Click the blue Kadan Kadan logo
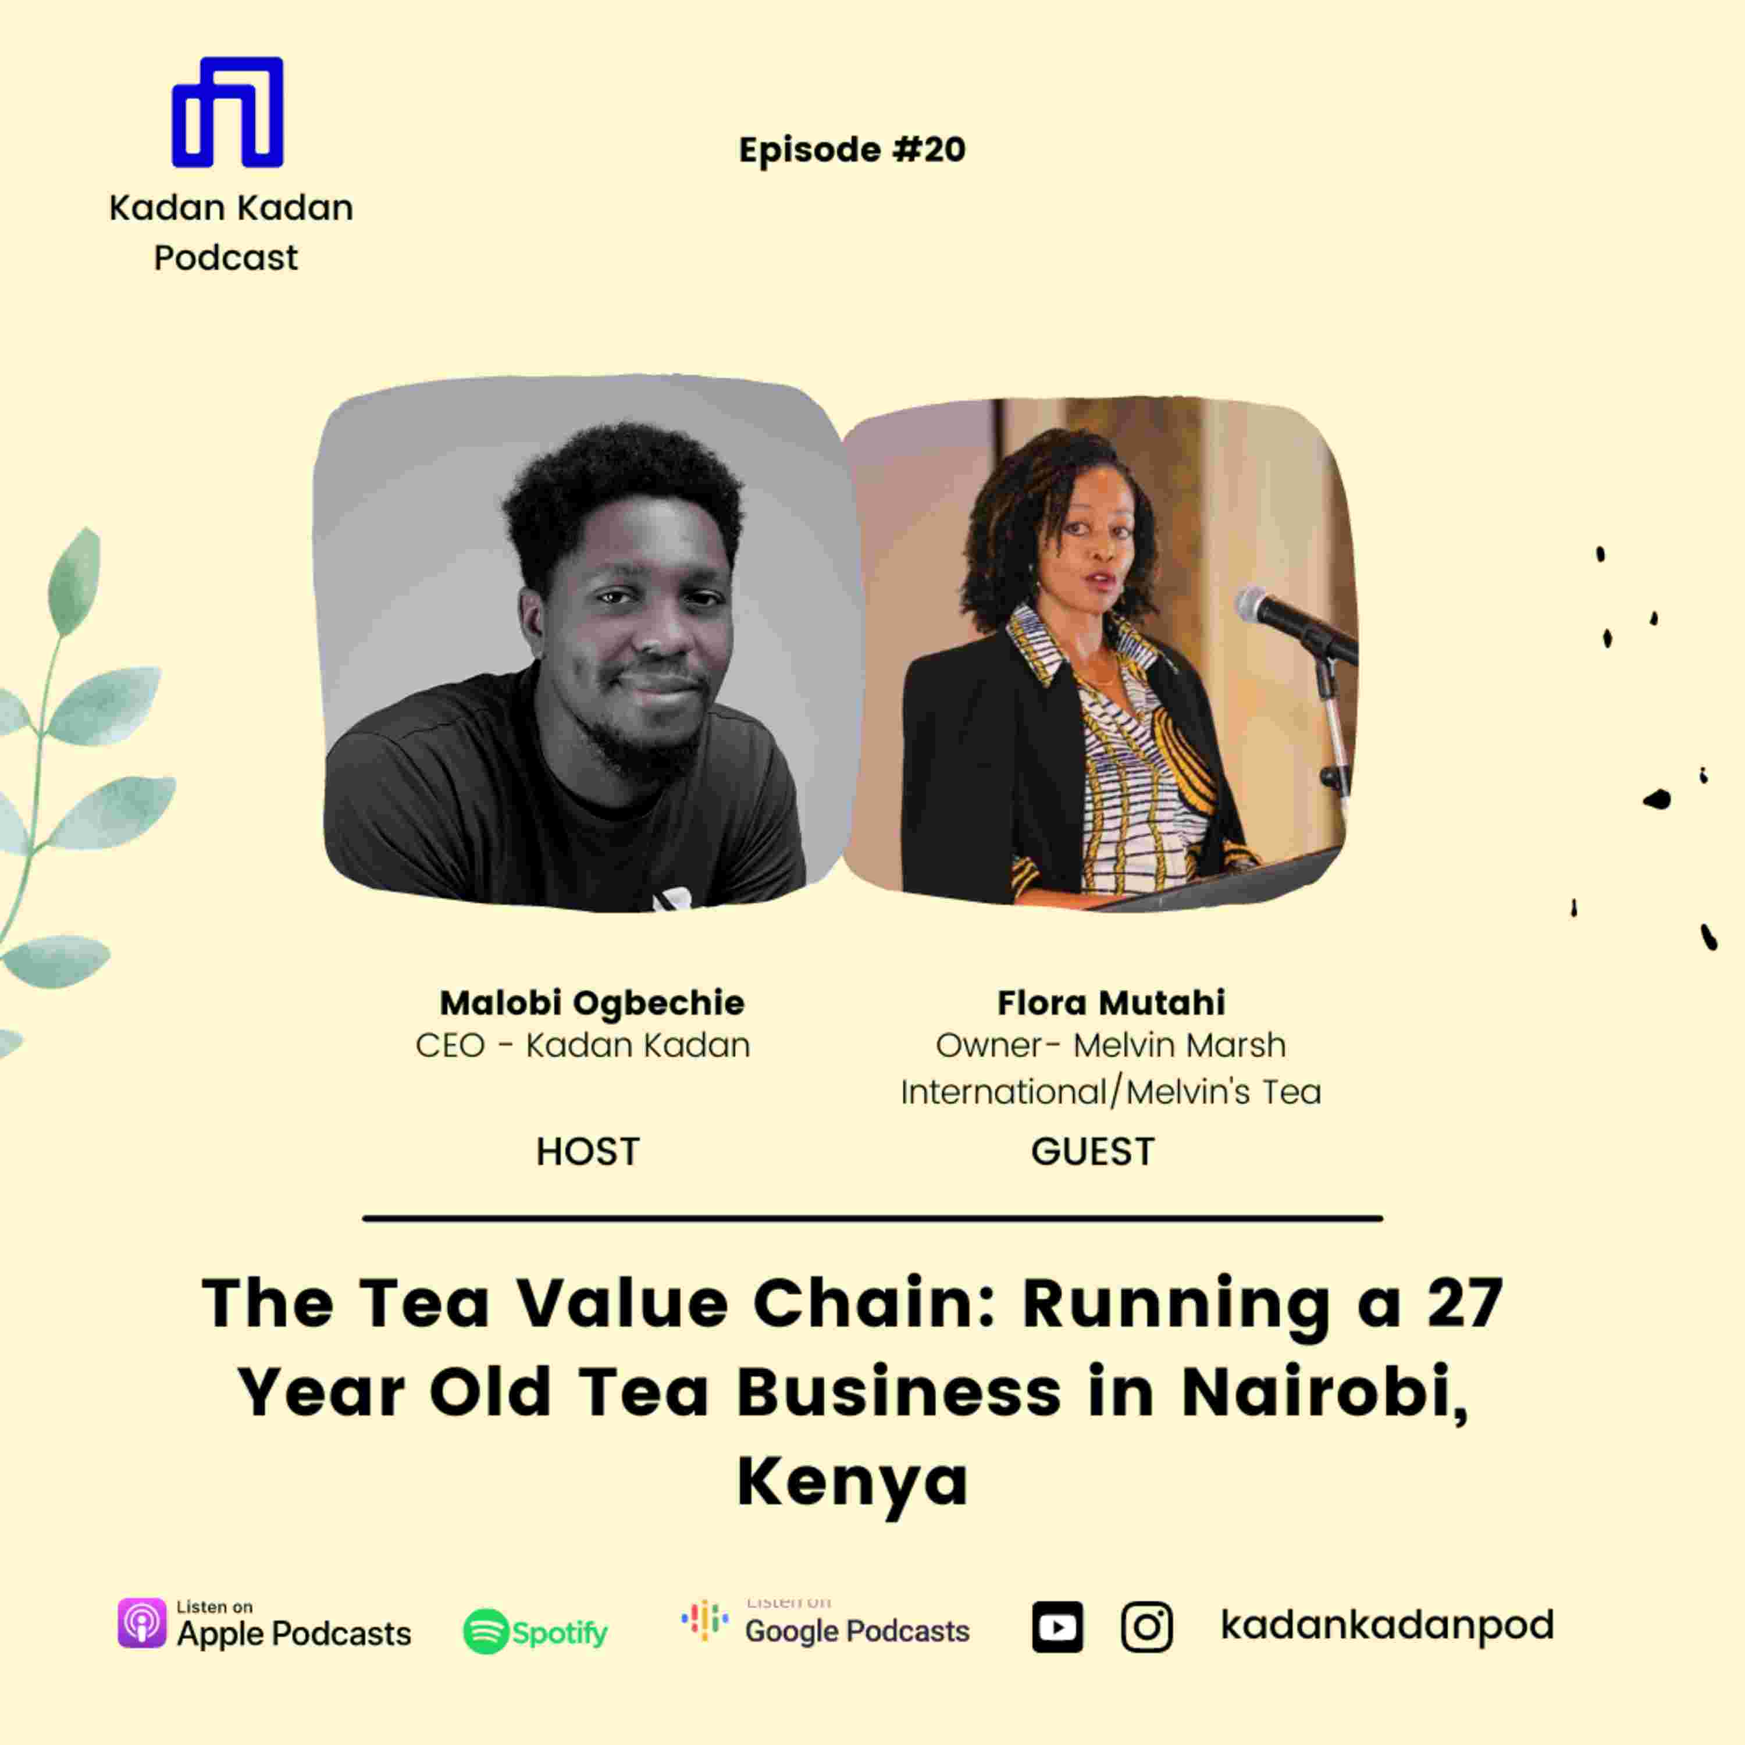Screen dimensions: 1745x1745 pyautogui.click(x=227, y=112)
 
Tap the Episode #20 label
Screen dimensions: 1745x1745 pyautogui.click(x=852, y=150)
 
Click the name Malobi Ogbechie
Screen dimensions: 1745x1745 pyautogui.click(x=592, y=1003)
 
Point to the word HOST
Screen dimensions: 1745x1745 pyautogui.click(x=588, y=1152)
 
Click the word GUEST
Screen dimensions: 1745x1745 pyautogui.click(x=1093, y=1152)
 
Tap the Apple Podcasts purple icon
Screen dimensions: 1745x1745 pyautogui.click(x=142, y=1623)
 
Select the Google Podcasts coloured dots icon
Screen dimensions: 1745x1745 pyautogui.click(x=704, y=1621)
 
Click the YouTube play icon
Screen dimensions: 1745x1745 pyautogui.click(x=1057, y=1628)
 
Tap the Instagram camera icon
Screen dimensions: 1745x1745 pyautogui.click(x=1147, y=1628)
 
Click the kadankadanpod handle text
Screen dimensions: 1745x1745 pyautogui.click(x=1387, y=1625)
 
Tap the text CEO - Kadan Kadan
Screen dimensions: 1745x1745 pyautogui.click(x=583, y=1046)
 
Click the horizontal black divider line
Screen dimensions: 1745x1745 pyautogui.click(x=872, y=1219)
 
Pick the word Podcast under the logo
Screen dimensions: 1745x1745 pyautogui.click(x=226, y=258)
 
